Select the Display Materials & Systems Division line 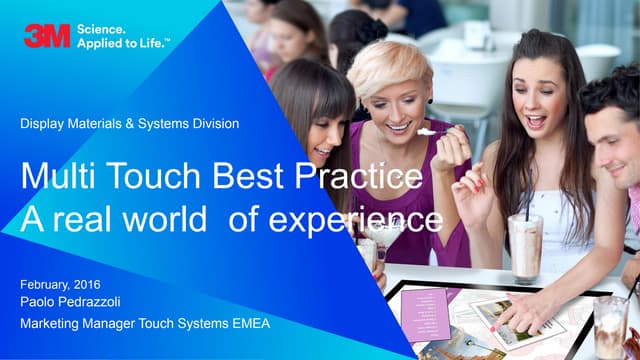(129, 124)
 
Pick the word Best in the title (249, 179)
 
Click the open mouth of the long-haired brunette (535, 121)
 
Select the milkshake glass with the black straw (525, 245)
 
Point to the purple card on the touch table (431, 309)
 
